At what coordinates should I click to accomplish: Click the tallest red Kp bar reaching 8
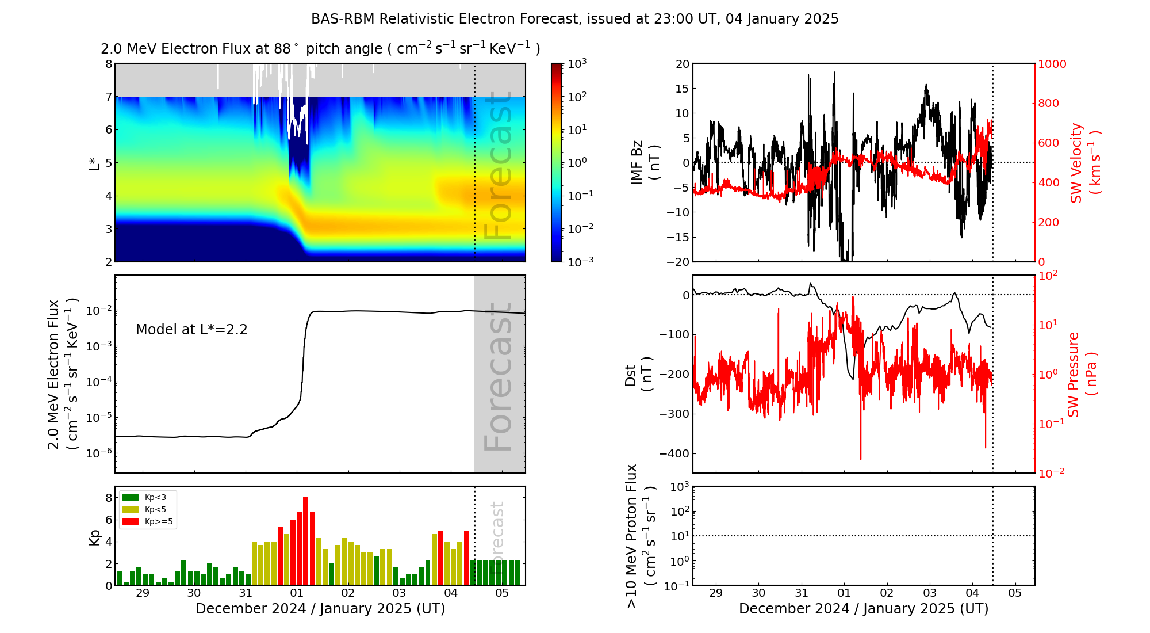306,541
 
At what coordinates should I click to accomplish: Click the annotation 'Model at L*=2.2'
191,330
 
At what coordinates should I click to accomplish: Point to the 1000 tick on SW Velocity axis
1052,64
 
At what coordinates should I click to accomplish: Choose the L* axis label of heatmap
94,162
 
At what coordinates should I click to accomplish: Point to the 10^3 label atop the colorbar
577,63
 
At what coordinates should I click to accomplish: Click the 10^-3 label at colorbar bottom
580,261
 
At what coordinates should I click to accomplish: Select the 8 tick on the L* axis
109,64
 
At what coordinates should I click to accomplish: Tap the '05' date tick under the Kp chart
502,593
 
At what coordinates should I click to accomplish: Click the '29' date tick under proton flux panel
716,593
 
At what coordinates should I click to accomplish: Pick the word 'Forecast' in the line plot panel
498,377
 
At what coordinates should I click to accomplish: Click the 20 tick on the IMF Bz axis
682,64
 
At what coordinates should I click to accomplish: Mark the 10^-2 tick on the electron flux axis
98,311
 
